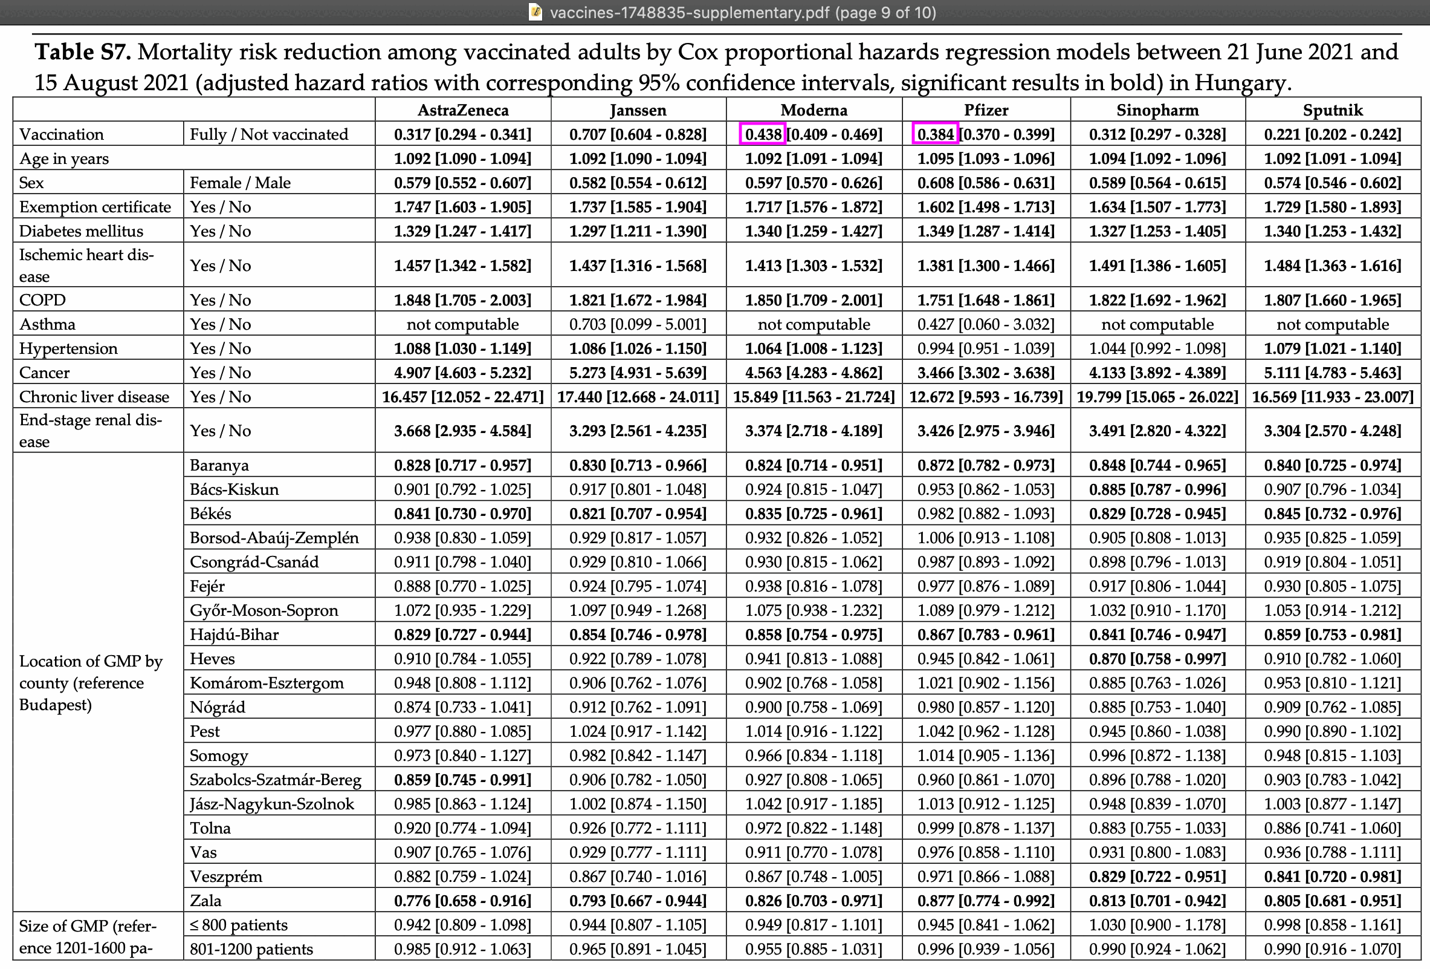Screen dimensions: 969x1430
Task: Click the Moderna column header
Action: coord(814,110)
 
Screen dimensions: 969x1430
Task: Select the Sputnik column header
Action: coord(1333,110)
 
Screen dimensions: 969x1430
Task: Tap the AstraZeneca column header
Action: coord(463,110)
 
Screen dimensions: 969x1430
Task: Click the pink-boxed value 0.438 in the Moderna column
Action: coord(763,134)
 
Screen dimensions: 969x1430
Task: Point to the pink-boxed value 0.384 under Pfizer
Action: coord(935,134)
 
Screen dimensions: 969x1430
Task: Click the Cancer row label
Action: coord(44,373)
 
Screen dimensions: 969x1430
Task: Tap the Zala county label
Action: coord(205,901)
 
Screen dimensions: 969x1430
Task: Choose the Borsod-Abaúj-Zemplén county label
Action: coord(274,538)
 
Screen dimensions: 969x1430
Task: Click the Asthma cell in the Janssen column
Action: coord(638,324)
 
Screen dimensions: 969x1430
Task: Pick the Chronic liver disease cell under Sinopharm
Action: coord(1157,396)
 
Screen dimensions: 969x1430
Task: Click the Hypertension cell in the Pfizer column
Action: coord(986,348)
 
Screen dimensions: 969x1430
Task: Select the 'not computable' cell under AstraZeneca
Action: coord(463,324)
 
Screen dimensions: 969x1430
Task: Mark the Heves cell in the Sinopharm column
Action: coord(1157,659)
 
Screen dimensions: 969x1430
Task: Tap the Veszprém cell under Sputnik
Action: coord(1333,876)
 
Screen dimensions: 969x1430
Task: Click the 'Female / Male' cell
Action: coord(240,183)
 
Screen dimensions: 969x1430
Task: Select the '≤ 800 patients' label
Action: coord(239,925)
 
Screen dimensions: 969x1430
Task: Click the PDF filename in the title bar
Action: coord(689,12)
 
